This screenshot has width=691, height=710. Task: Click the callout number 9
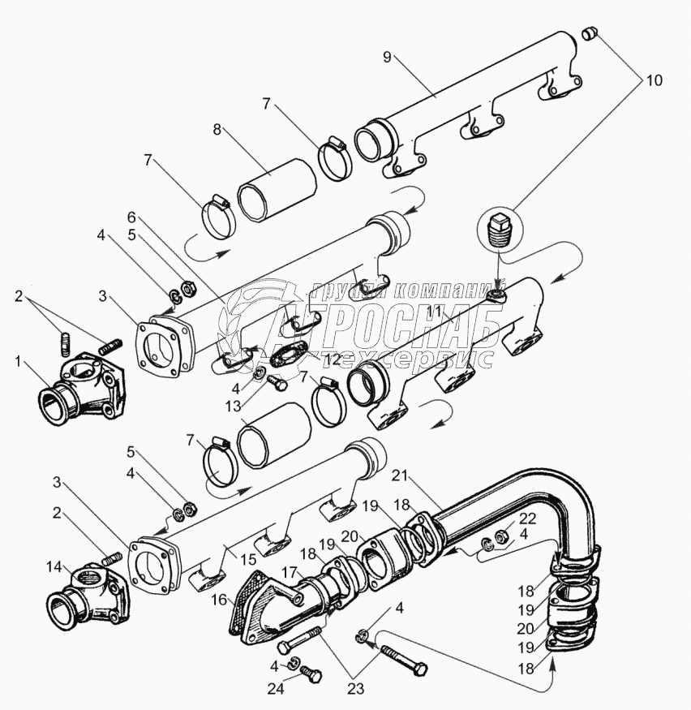pyautogui.click(x=387, y=57)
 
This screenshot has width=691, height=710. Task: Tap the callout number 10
pyautogui.click(x=654, y=80)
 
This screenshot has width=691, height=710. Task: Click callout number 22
pyautogui.click(x=528, y=519)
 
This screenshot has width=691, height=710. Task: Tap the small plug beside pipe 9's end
pyautogui.click(x=590, y=33)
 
